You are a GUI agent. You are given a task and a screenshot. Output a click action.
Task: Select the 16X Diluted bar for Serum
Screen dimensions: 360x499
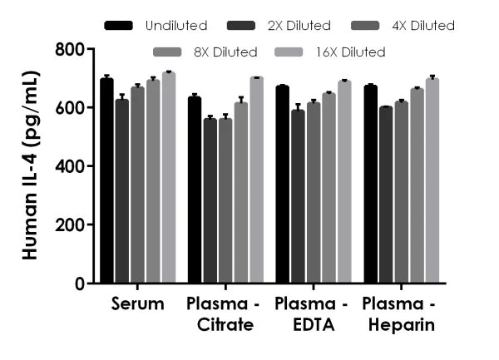[169, 178]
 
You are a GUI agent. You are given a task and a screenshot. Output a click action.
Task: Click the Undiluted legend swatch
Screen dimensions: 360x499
[119, 26]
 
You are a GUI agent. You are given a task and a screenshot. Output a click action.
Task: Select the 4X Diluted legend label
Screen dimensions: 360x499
[423, 26]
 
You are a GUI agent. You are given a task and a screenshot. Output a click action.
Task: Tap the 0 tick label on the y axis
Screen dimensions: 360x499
[80, 284]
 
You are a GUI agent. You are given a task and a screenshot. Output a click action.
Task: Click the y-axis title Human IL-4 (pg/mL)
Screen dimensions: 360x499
[31, 166]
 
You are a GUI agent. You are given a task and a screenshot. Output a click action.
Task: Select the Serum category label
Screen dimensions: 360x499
[137, 304]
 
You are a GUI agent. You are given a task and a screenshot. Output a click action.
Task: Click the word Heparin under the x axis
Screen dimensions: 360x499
[402, 324]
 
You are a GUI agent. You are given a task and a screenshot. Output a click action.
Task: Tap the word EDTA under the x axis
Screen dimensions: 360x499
[312, 324]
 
